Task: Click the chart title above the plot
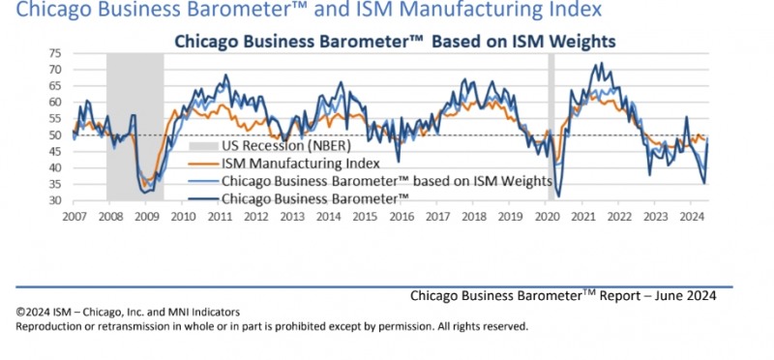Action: pyautogui.click(x=395, y=41)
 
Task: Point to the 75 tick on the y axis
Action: pyautogui.click(x=54, y=53)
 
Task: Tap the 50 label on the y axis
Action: pyautogui.click(x=54, y=135)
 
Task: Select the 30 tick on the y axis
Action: pyautogui.click(x=54, y=201)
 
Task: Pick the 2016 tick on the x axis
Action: pyautogui.click(x=400, y=217)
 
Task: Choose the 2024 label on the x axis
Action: pyautogui.click(x=690, y=217)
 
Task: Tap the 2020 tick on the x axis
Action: pyautogui.click(x=545, y=217)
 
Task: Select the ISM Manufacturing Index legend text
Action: pyautogui.click(x=301, y=164)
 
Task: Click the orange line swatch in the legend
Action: pyautogui.click(x=204, y=164)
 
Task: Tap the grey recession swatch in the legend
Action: pyautogui.click(x=204, y=146)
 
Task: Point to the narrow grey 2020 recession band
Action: pyautogui.click(x=551, y=127)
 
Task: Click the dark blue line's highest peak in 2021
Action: pyautogui.click(x=601, y=63)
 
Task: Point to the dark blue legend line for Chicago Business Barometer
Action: pyautogui.click(x=204, y=199)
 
